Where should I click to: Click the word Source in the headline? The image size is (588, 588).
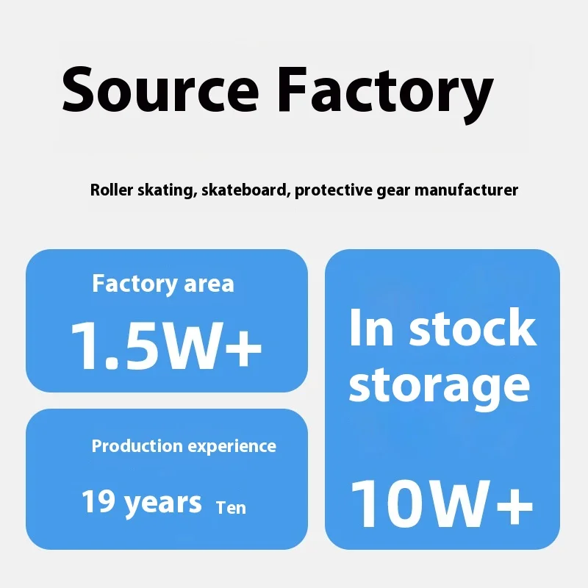(x=160, y=91)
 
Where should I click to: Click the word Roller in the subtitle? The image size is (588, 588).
(x=110, y=190)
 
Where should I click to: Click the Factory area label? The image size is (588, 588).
(x=163, y=284)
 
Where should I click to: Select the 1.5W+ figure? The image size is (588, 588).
(x=166, y=344)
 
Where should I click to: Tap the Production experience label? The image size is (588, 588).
(x=184, y=446)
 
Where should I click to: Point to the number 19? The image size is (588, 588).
(x=98, y=502)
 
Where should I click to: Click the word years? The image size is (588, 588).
(x=162, y=503)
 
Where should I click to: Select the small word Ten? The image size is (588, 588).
(x=231, y=507)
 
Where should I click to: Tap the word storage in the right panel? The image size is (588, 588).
(x=439, y=385)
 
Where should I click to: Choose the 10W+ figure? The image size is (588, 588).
(x=442, y=503)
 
